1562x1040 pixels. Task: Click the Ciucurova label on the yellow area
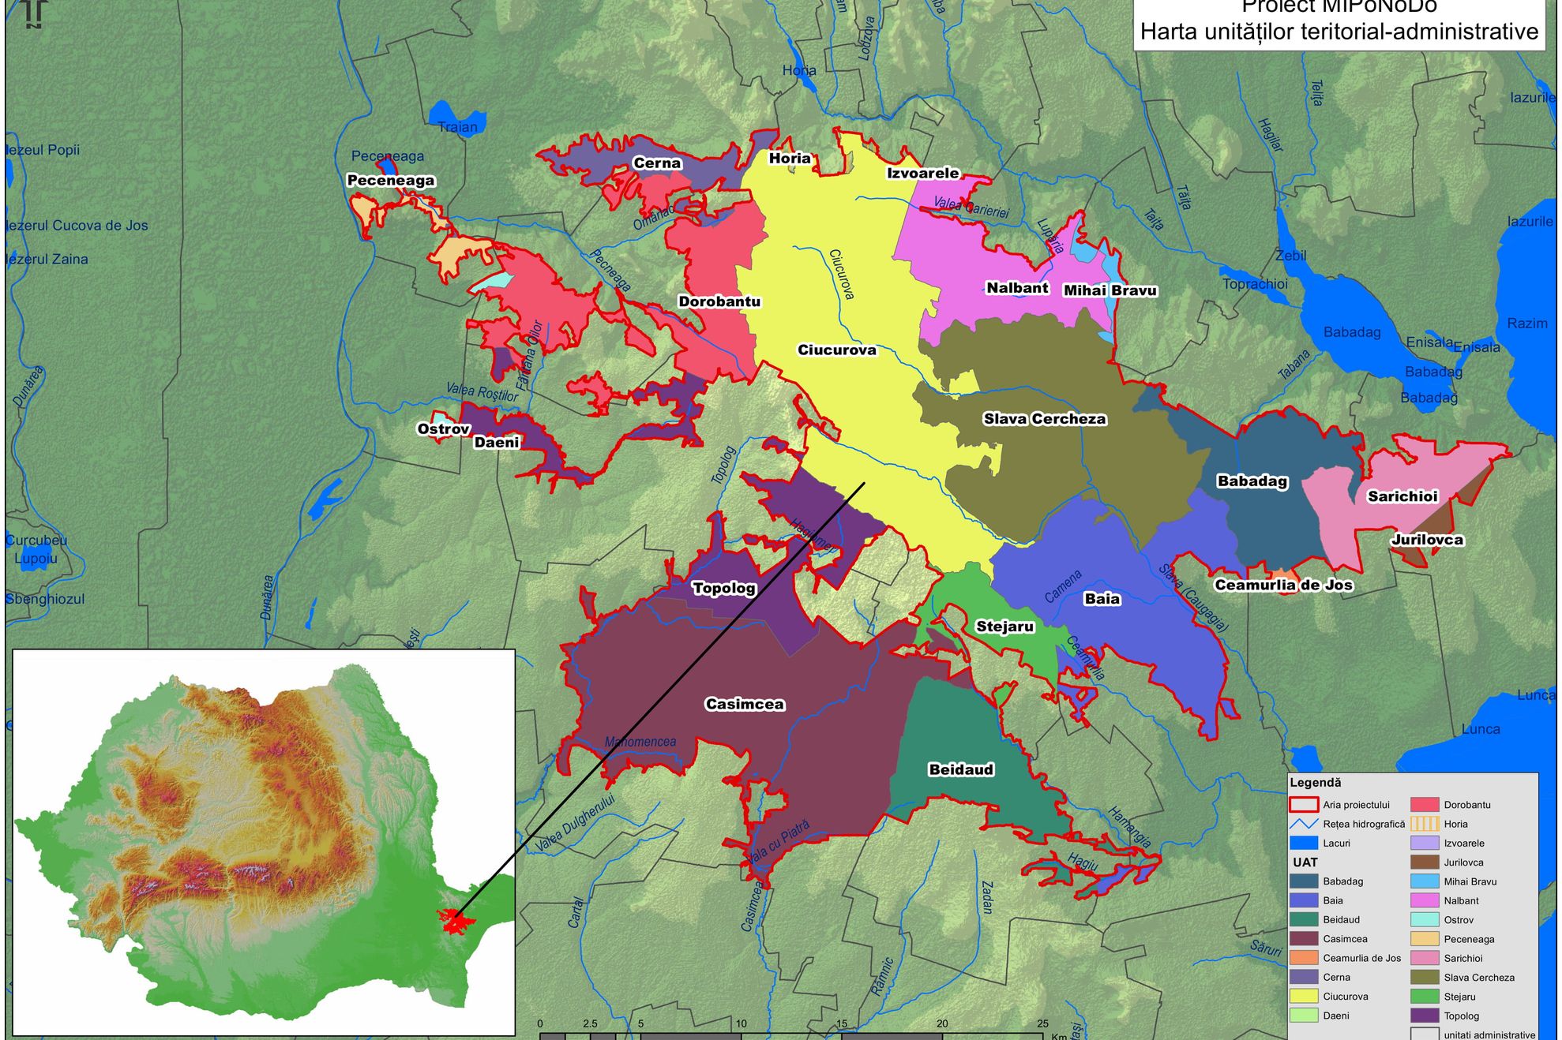pos(836,350)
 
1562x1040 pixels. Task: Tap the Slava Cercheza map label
pos(1044,419)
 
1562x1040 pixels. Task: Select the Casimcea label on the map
pos(745,704)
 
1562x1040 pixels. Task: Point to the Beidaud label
pos(960,769)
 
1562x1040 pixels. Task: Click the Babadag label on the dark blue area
pos(1252,481)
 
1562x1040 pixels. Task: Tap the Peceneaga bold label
pos(391,180)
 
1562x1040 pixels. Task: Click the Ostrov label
pos(443,429)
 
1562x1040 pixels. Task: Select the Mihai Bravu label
pos(1110,290)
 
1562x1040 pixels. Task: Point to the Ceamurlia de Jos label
pos(1283,585)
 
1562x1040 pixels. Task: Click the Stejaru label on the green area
pos(1004,627)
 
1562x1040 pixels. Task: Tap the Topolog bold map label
pos(723,588)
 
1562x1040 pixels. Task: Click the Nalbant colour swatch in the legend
pos(1425,900)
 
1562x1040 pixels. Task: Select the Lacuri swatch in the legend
pos(1304,843)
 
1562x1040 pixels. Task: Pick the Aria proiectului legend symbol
pos(1304,805)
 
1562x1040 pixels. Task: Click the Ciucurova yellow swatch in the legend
pos(1304,997)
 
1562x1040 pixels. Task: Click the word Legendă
pos(1315,783)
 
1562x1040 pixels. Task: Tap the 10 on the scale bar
pos(741,1023)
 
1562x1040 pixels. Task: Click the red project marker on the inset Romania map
pos(452,921)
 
